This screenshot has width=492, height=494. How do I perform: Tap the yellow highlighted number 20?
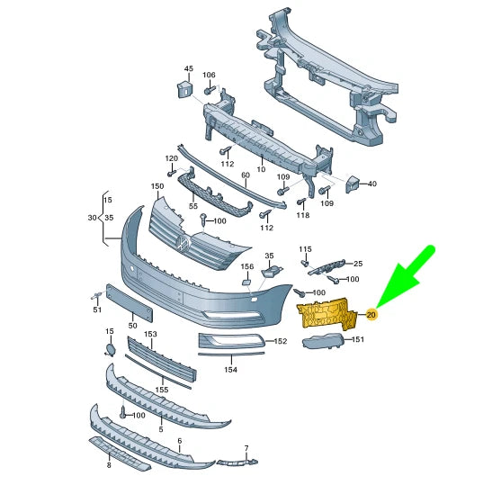[x=371, y=315]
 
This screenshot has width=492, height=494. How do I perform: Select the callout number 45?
[x=188, y=69]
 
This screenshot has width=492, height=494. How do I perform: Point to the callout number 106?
[x=209, y=75]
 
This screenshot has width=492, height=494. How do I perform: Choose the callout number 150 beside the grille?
[x=157, y=186]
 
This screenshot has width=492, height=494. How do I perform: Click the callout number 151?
[x=357, y=340]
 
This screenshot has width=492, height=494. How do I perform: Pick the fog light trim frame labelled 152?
[x=229, y=341]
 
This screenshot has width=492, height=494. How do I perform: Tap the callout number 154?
[x=230, y=369]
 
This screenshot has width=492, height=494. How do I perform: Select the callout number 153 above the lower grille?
[x=150, y=334]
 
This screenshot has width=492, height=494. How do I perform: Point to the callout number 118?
[x=302, y=215]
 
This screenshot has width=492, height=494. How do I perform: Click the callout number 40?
[x=371, y=184]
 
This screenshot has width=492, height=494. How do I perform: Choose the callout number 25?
[x=357, y=264]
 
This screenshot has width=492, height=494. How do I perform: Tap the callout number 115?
[x=306, y=249]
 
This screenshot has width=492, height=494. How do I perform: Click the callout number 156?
[x=247, y=266]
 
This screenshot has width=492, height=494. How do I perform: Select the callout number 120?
[x=172, y=159]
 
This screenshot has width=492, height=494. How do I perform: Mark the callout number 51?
[x=97, y=310]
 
